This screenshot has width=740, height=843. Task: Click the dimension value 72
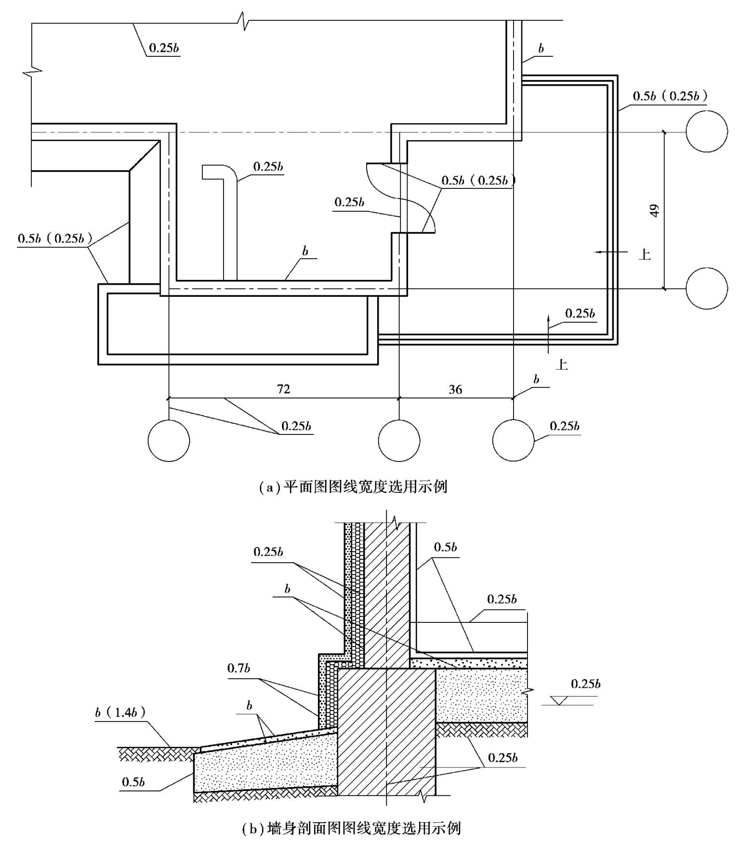coord(283,389)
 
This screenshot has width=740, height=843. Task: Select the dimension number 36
coord(455,389)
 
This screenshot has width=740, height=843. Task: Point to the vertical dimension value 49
coord(654,211)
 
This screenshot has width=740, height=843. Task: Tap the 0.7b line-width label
coord(238,668)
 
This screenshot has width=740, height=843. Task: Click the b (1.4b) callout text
coord(120,712)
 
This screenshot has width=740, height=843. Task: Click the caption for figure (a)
coord(353,487)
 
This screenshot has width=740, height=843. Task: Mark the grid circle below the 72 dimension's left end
coord(169,440)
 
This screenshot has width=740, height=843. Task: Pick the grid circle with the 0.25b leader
coord(513,440)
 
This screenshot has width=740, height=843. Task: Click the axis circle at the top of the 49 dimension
coord(707,132)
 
